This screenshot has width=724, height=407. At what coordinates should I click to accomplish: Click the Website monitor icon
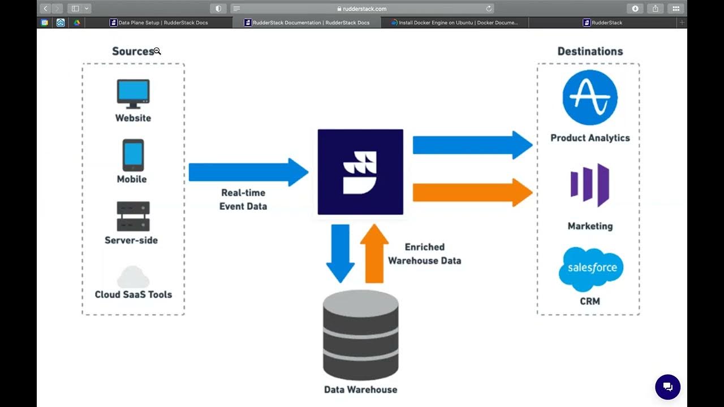tap(133, 94)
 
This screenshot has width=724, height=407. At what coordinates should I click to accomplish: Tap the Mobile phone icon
tap(133, 155)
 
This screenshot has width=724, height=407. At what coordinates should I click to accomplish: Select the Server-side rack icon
tap(133, 216)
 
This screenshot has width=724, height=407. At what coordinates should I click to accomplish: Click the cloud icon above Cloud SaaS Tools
tap(133, 277)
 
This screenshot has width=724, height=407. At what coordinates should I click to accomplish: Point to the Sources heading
tap(133, 51)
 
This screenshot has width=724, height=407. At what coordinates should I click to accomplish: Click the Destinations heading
tap(590, 51)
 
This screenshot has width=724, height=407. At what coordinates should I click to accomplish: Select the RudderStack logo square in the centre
tap(360, 172)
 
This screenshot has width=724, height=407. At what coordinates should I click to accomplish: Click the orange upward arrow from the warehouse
tap(374, 253)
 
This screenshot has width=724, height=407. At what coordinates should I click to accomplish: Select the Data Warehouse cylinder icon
tap(360, 336)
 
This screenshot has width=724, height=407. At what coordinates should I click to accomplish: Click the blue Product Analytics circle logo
tap(590, 98)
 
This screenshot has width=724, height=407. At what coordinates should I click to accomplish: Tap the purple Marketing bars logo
tap(590, 185)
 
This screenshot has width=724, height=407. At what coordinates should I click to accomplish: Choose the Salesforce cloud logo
tap(591, 269)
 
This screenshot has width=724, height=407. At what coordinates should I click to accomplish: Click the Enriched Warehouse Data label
tap(424, 254)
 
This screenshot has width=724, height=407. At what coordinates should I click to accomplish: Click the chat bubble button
tap(667, 387)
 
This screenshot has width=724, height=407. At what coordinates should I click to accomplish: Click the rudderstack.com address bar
tap(362, 8)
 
